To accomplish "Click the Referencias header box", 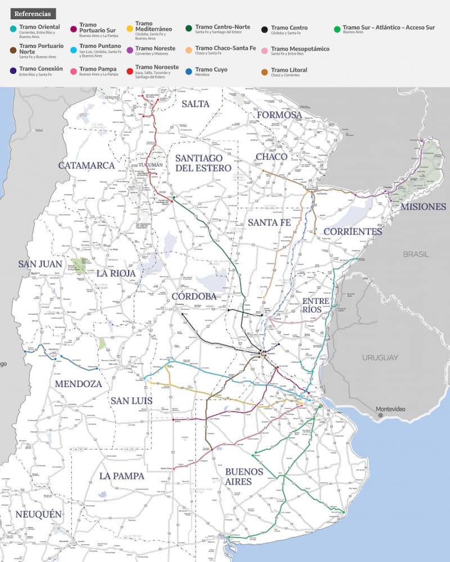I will coord(32,14).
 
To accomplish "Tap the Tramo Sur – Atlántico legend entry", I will coord(388,28).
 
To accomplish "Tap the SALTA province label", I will coord(195,104).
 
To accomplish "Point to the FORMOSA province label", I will coord(280,115).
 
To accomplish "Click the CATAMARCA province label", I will coord(86,166).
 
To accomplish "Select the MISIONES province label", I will coord(423,206).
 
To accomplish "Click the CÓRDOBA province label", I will coord(194,296).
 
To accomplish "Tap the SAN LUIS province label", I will coord(132,401).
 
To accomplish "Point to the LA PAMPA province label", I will coord(121,476).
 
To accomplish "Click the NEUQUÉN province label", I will coord(38,515).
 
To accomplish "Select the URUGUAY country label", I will coord(380,358).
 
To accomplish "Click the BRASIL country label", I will coord(415,254).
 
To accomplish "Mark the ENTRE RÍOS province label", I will coord(315,305).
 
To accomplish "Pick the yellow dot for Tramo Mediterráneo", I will coord(130,28).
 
